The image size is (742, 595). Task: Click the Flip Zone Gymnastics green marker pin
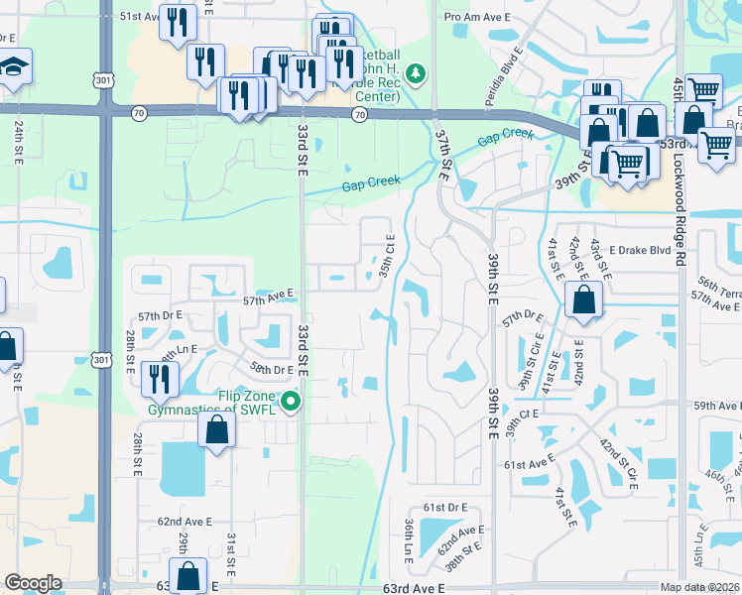coord(291,402)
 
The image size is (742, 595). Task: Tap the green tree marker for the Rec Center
coord(417,73)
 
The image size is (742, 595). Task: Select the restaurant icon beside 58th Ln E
coord(159,378)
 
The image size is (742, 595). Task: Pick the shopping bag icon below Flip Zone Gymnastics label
coord(216,430)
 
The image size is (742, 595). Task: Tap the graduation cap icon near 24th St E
coord(15,69)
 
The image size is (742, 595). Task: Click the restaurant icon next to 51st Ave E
coord(178,24)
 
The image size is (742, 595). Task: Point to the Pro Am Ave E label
coord(476,18)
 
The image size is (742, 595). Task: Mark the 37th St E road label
coord(443,151)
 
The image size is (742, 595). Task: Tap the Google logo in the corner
coord(33,582)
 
